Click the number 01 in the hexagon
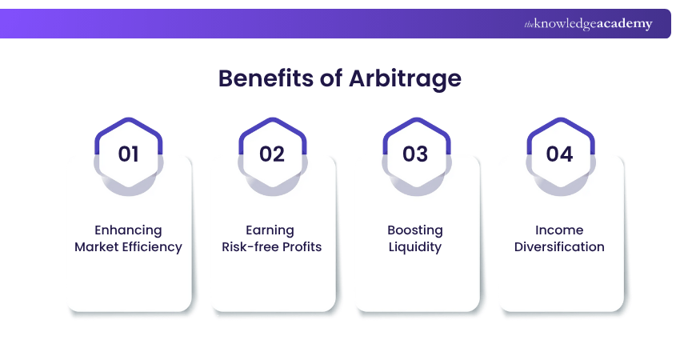tap(128, 153)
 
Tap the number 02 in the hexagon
tap(272, 153)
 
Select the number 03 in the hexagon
tap(415, 153)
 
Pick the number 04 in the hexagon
tap(559, 153)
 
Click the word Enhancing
tap(128, 230)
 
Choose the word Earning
tap(271, 230)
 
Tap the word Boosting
tap(415, 230)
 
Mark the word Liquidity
tap(415, 247)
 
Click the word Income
tap(559, 230)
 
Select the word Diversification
tap(559, 247)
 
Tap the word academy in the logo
tap(623, 24)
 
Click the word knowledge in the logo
tap(565, 25)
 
